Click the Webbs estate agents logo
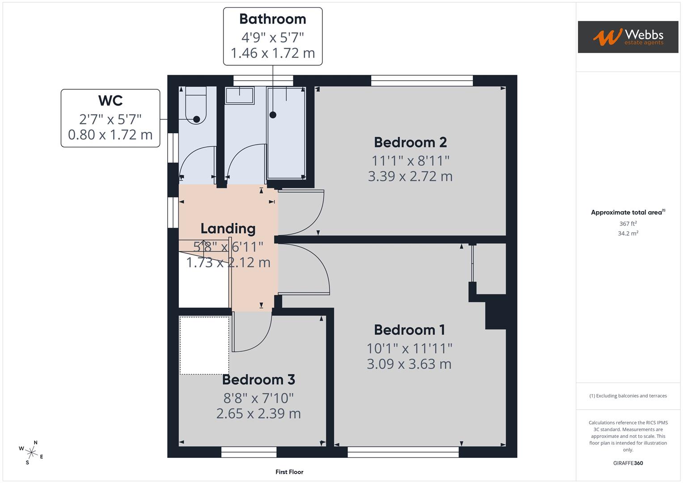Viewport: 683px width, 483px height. pos(628,37)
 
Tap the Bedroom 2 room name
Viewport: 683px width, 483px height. pos(410,142)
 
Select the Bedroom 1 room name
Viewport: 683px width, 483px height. pos(409,330)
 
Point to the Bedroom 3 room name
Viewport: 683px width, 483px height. pos(259,379)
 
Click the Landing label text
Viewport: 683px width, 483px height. pos(228,229)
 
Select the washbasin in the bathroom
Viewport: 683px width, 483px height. pos(240,95)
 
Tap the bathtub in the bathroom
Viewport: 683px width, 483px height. pos(286,133)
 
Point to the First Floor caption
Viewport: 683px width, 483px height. pos(289,472)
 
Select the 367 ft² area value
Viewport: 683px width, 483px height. pos(628,224)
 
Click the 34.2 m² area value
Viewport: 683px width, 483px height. pos(628,233)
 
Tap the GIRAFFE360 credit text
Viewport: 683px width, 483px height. pos(628,463)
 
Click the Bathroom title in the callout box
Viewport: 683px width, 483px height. pos(272,19)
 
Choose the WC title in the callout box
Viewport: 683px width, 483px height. pos(110,101)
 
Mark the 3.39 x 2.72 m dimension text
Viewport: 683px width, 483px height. pos(410,176)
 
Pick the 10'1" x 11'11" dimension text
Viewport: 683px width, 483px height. pos(409,348)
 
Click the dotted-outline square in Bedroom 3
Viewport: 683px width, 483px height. pos(204,345)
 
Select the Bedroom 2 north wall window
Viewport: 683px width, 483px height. pos(422,80)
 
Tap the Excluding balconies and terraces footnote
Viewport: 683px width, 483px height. pos(628,396)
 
